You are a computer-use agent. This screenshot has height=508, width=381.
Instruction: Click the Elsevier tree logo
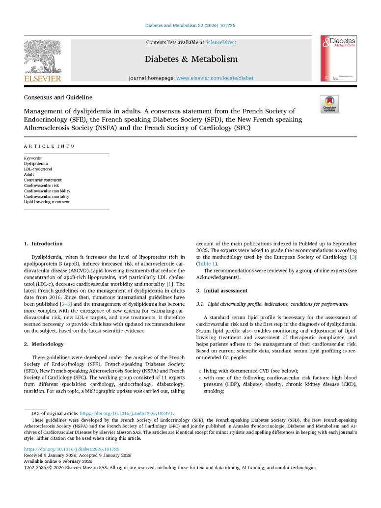[43, 56]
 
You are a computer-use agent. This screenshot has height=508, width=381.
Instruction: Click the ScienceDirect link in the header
[220, 43]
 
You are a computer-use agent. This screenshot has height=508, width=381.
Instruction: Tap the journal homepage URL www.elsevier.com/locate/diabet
[215, 78]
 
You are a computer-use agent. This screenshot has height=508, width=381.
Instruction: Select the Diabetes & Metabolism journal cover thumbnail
[338, 58]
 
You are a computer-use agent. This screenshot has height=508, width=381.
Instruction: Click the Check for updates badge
[329, 104]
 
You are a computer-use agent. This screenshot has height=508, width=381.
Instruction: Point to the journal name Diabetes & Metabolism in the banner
[191, 59]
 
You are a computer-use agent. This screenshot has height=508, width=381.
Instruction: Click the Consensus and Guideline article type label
[58, 97]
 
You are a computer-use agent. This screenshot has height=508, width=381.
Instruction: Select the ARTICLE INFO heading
[50, 146]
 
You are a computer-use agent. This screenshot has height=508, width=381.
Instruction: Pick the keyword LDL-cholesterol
[38, 169]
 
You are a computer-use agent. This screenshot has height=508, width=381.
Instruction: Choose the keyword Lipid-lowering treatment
[47, 202]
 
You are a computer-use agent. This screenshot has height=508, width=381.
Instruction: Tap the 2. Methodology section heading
[44, 344]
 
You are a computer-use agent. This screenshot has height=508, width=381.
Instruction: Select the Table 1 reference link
[206, 264]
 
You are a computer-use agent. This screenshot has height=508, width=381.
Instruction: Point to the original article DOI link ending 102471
[126, 413]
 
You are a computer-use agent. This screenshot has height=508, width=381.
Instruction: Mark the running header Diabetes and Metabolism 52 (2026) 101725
[190, 26]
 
